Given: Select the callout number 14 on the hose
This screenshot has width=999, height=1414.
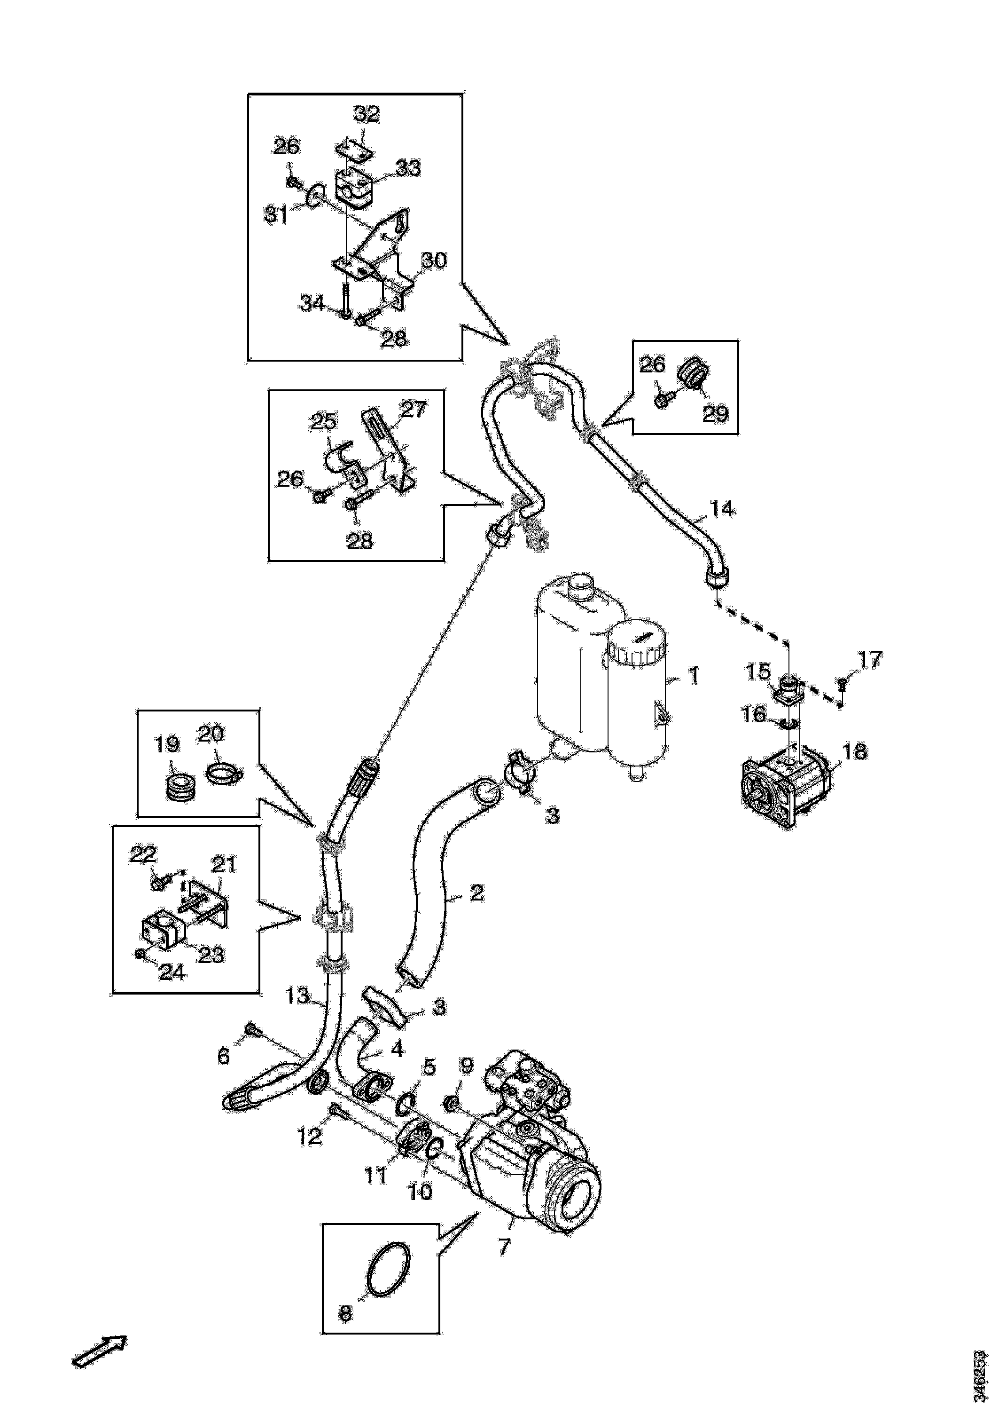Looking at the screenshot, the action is pyautogui.click(x=722, y=509).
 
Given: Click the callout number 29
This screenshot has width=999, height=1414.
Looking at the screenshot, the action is pyautogui.click(x=715, y=413).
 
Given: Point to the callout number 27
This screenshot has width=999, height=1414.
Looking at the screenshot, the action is pyautogui.click(x=413, y=409).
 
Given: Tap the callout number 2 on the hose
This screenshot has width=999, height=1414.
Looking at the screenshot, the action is pyautogui.click(x=476, y=893).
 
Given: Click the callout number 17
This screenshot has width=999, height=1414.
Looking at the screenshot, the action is pyautogui.click(x=870, y=660).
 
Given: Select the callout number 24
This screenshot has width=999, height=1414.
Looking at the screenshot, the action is pyautogui.click(x=172, y=972).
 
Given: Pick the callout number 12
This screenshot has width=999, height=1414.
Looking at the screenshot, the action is pyautogui.click(x=310, y=1136).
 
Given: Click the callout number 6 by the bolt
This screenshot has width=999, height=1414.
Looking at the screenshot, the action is pyautogui.click(x=224, y=1056).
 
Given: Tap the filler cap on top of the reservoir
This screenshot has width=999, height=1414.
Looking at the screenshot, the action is pyautogui.click(x=580, y=585).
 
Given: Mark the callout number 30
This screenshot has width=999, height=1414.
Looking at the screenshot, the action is pyautogui.click(x=434, y=261).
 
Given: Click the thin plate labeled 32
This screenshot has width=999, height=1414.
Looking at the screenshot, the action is pyautogui.click(x=353, y=151).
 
